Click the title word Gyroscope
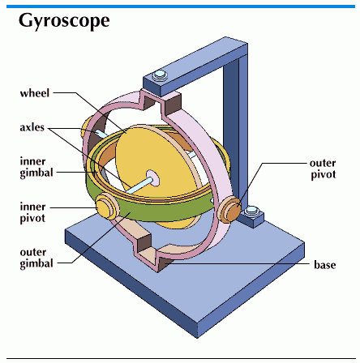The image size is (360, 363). pos(64,21)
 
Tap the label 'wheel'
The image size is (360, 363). pos(35,93)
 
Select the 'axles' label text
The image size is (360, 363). pos(32,127)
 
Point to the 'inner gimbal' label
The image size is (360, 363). pos(36,167)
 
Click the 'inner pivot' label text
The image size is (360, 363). pos(32,212)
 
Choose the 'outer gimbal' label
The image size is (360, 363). pos(36,258)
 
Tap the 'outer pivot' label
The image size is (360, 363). pos(323,169)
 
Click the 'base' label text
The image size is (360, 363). pos(325,265)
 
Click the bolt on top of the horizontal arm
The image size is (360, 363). pos(159,75)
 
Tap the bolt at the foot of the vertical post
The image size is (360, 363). pos(251,211)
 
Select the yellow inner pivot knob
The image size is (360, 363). pos(105,207)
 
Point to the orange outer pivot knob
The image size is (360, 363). pos(229,210)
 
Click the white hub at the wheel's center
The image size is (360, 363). pos(152,177)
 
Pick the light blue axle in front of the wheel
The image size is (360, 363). pos(137,186)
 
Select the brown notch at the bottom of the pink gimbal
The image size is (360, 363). pos(144,242)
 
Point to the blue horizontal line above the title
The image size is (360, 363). pos(181,6)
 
